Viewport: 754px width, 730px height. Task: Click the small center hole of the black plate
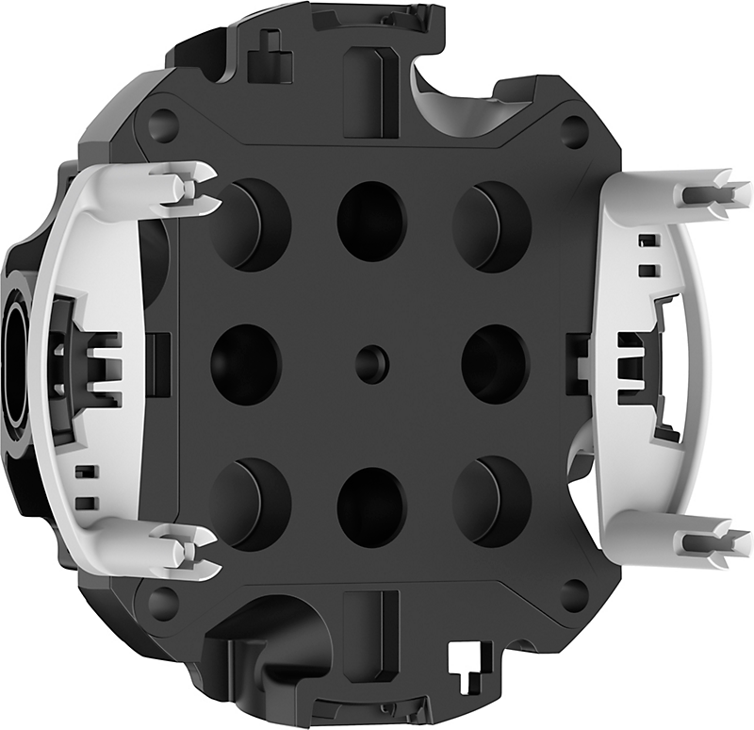370,359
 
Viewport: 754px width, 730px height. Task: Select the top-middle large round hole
371,222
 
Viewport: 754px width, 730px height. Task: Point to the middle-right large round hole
495,363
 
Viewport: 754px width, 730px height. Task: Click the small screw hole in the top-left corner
163,124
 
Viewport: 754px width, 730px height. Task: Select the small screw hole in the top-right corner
574,129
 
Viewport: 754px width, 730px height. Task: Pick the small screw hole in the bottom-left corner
163,599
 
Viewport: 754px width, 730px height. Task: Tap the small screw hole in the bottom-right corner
574,593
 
